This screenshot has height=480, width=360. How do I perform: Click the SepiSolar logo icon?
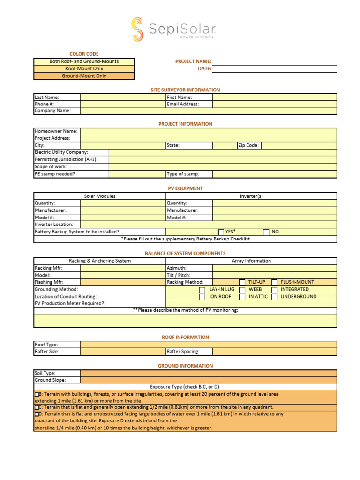[x=137, y=29]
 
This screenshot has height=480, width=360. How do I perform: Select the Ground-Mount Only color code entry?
[x=84, y=76]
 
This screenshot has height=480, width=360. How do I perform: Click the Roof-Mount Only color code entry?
[x=84, y=68]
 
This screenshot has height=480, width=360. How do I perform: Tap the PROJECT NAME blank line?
[x=275, y=61]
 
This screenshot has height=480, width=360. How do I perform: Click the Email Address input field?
[x=274, y=104]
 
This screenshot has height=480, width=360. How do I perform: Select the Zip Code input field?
[x=299, y=145]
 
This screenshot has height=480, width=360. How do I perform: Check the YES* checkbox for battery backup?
[x=221, y=232]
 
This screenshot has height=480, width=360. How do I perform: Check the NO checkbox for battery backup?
[x=266, y=232]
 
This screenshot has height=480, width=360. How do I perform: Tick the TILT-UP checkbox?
[x=242, y=282]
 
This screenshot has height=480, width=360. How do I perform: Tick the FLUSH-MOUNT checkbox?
[x=274, y=282]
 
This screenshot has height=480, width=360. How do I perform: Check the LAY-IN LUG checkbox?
[x=202, y=290]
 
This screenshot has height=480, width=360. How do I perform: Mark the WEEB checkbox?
[x=242, y=290]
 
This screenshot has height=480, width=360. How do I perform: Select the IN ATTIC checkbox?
[x=242, y=297]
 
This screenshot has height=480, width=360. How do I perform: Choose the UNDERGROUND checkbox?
[x=274, y=297]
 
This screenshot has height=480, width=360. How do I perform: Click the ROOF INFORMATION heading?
[x=185, y=337]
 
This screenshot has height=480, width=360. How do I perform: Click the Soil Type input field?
[x=208, y=373]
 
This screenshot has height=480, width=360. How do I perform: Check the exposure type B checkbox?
[x=37, y=395]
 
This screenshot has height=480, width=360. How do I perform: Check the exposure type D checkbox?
[x=37, y=414]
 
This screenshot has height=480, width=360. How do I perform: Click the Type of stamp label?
[x=183, y=174]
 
